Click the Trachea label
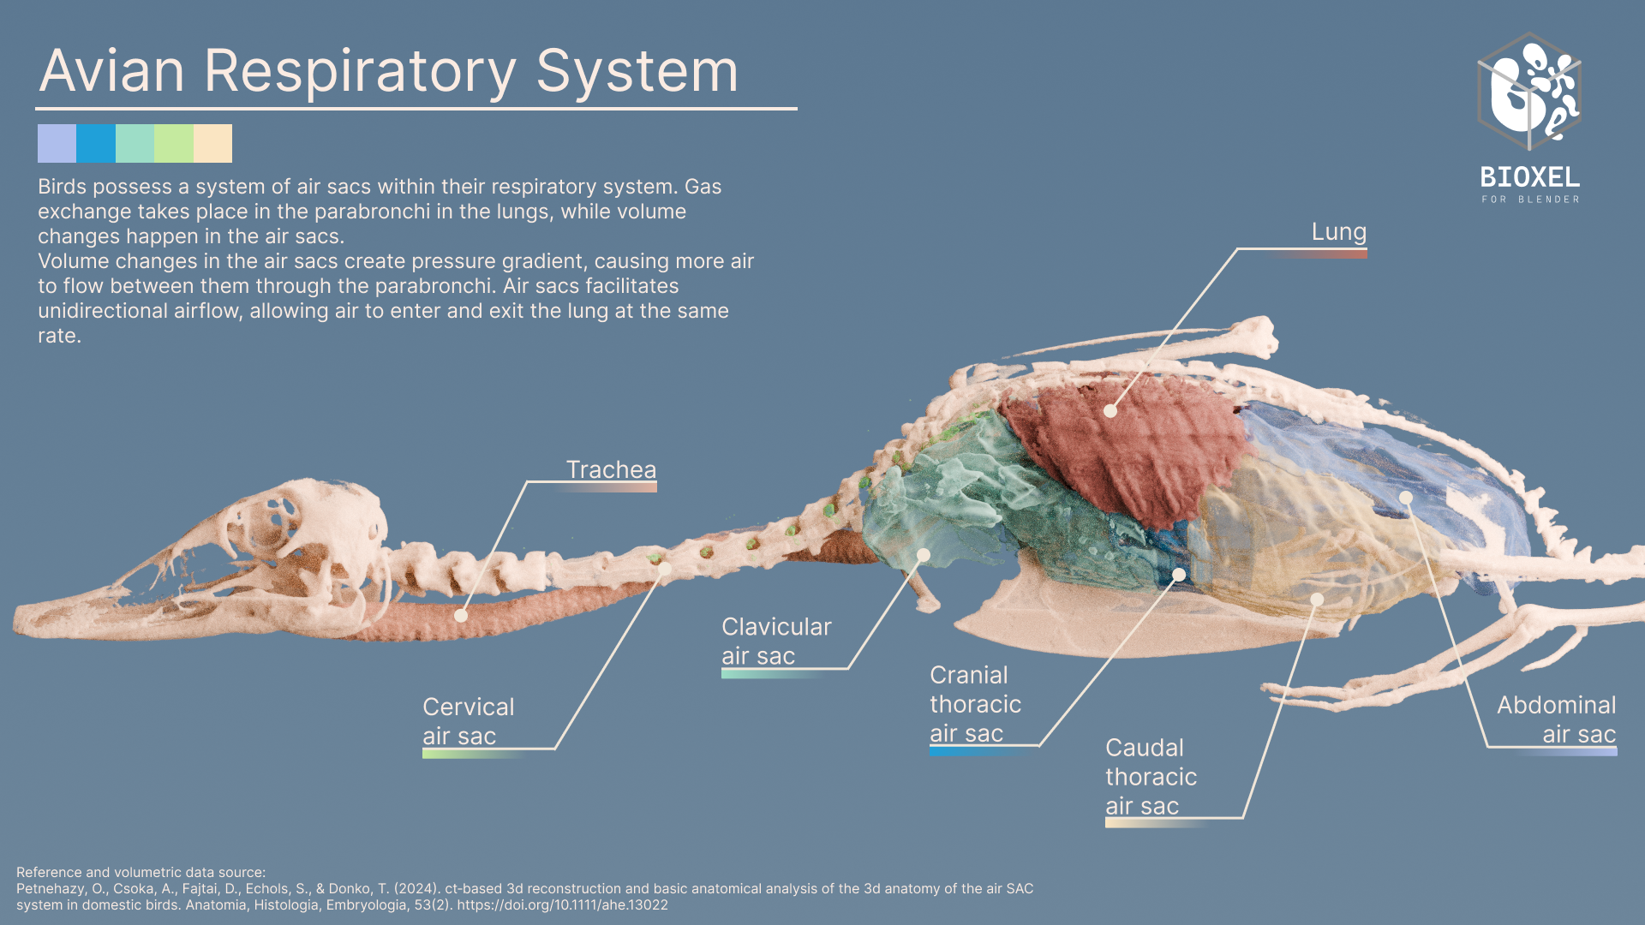(611, 469)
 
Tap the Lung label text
(1339, 233)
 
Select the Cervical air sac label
(468, 721)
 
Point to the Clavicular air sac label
(776, 641)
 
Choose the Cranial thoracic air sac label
(975, 704)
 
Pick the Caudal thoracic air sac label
(1151, 777)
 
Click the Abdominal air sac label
(1556, 719)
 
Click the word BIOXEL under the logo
(1530, 177)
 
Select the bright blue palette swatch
(96, 143)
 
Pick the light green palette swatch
(174, 143)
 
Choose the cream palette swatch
(212, 143)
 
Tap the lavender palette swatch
(57, 143)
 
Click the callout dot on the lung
(1110, 411)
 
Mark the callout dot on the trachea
(461, 616)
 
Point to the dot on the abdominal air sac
(1406, 498)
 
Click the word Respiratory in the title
(360, 72)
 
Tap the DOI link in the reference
(562, 905)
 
